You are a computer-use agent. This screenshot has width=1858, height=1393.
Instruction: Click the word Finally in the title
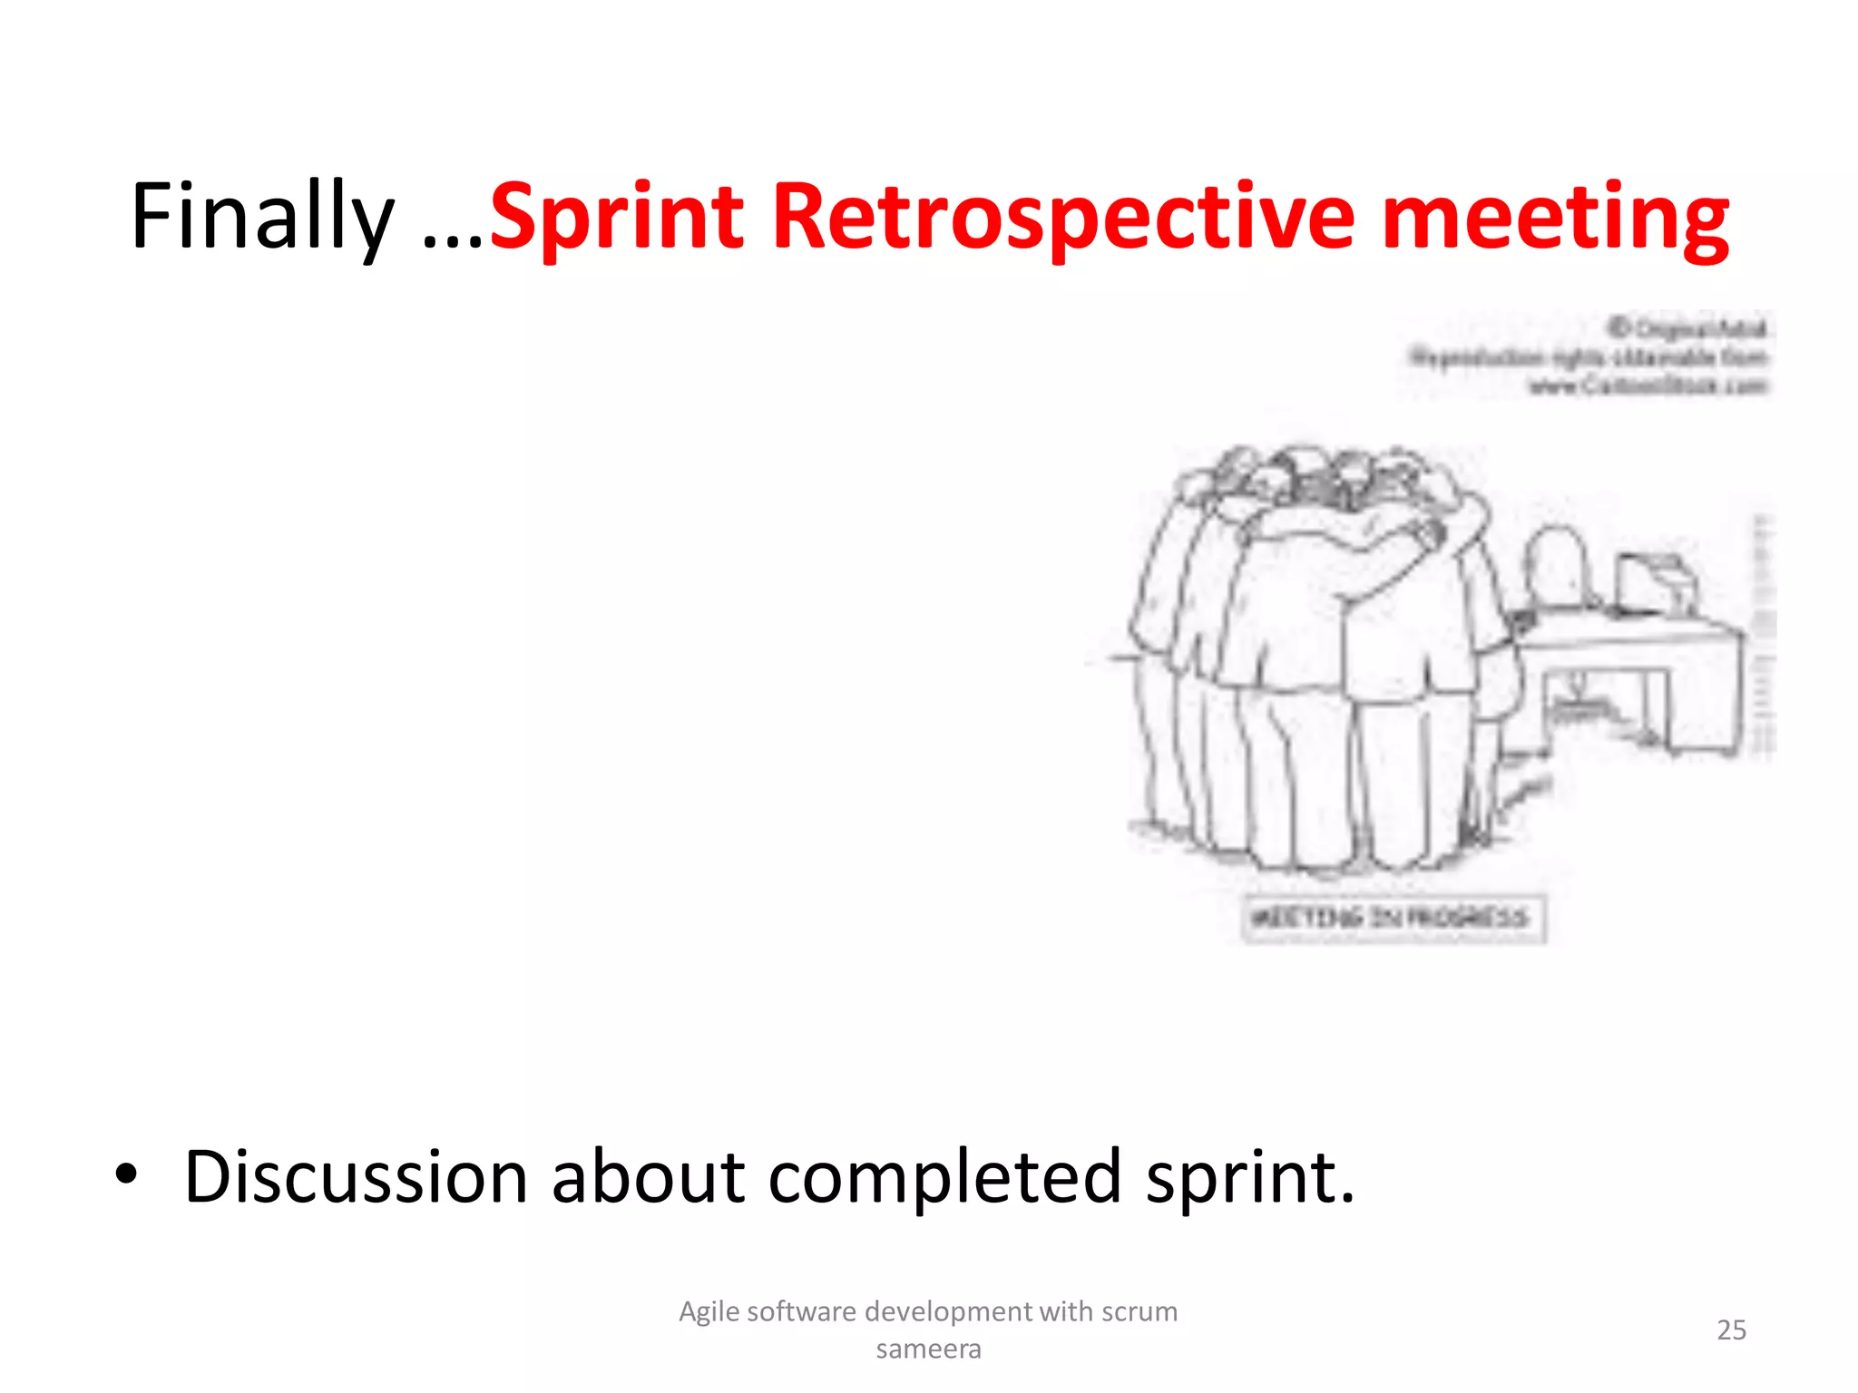coord(262,218)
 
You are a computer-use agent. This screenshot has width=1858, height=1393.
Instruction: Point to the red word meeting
coord(1554,218)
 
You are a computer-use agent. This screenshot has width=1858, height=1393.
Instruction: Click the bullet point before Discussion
coord(126,1174)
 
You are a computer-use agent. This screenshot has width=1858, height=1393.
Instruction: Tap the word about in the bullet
coord(648,1177)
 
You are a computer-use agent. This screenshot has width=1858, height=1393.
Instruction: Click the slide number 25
coord(1731,1330)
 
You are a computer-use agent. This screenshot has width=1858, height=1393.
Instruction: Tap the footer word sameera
coord(928,1349)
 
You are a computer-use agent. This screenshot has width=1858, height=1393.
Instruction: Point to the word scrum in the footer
coord(1139,1311)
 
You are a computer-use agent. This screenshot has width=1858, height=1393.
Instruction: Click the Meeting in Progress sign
coord(1393,918)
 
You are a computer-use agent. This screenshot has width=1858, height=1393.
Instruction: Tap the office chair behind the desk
coord(1558,567)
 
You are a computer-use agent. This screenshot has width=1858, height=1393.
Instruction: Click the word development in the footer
coord(948,1311)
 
